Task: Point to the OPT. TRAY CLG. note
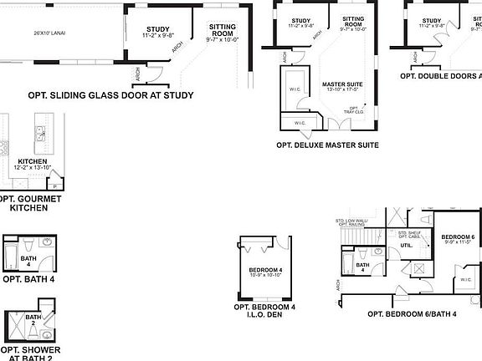pyautogui.click(x=355, y=109)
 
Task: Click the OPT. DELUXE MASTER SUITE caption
pyautogui.click(x=327, y=145)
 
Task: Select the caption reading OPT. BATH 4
pyautogui.click(x=28, y=279)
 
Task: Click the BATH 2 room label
pyautogui.click(x=33, y=320)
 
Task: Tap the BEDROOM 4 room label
pyautogui.click(x=265, y=272)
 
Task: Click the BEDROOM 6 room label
pyautogui.click(x=459, y=240)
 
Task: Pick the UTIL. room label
pyautogui.click(x=406, y=246)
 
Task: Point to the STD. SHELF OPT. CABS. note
pyautogui.click(x=411, y=235)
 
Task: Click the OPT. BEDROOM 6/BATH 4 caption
pyautogui.click(x=412, y=314)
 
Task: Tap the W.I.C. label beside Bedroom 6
pyautogui.click(x=465, y=280)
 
